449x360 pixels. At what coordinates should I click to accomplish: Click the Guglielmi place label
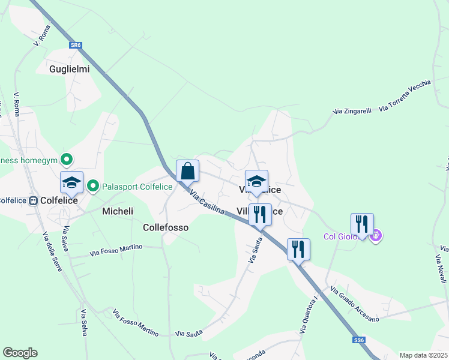tap(70, 69)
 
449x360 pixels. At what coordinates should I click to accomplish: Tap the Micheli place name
tap(118, 211)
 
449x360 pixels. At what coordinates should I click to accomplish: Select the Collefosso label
tap(166, 227)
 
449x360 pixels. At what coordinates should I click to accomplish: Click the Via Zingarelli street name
tap(352, 111)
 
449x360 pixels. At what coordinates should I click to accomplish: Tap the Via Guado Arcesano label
tap(355, 305)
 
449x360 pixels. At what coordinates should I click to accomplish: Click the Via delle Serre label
tap(52, 251)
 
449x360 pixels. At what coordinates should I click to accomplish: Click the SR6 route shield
tap(75, 45)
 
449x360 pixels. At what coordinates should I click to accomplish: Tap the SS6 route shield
tap(359, 340)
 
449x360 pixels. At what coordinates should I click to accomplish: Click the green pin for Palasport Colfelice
tap(93, 186)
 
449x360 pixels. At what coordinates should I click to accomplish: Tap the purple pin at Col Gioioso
tap(376, 236)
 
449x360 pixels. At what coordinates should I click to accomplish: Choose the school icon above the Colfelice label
tap(71, 182)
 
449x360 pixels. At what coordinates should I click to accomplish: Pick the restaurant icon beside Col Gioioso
tap(362, 224)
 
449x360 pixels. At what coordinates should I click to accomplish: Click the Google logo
tap(20, 353)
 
